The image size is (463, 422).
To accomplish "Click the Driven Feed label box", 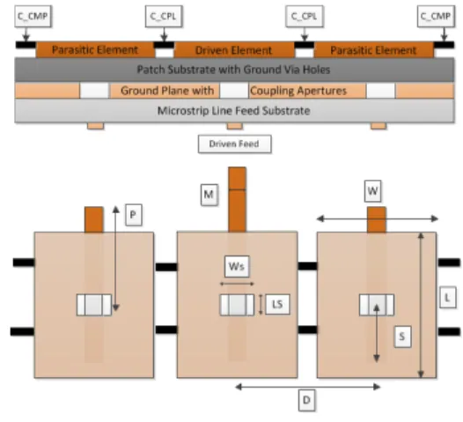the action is [x=235, y=144].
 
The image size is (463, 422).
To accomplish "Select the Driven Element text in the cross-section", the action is [x=233, y=50].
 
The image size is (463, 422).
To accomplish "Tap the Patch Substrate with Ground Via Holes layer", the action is [x=234, y=70].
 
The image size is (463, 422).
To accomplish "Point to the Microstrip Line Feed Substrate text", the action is [x=233, y=111].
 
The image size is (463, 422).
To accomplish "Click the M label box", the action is [x=209, y=195].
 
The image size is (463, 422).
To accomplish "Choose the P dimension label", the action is [x=134, y=215].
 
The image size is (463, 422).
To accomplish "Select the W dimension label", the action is [x=372, y=191].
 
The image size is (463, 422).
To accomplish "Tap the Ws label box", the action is [x=237, y=267].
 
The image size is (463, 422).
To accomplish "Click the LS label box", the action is [x=277, y=304].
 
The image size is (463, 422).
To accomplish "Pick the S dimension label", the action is [x=402, y=337].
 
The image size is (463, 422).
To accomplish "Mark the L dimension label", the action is [x=447, y=297].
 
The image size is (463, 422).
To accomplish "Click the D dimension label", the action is [x=306, y=400].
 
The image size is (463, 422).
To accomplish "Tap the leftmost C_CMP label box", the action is [x=33, y=16].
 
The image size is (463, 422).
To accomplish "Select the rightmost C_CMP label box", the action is [x=436, y=16].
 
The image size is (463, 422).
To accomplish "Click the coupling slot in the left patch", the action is [x=94, y=305].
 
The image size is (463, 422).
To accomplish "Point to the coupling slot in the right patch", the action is [x=377, y=305].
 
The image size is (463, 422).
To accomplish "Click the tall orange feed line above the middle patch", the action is [x=237, y=199].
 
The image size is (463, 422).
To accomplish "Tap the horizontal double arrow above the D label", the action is [x=308, y=387].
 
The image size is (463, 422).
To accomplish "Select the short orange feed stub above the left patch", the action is [x=94, y=219].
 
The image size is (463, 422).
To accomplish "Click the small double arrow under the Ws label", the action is [x=237, y=284].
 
